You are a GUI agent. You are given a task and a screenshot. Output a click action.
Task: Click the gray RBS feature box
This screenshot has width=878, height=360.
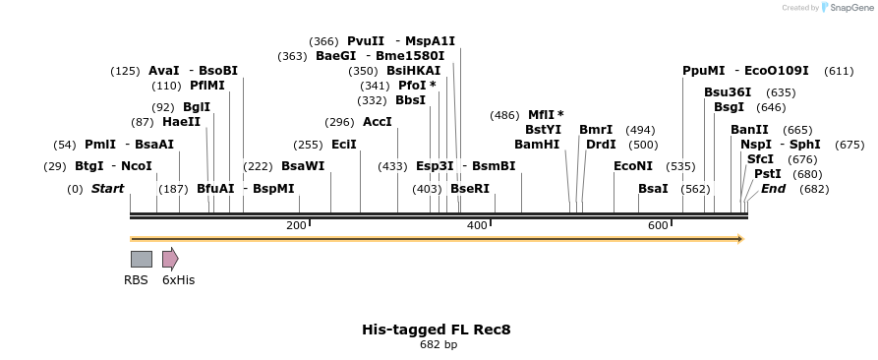coord(142,259)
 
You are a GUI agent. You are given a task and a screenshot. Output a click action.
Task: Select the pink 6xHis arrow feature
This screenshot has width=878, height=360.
coord(170,259)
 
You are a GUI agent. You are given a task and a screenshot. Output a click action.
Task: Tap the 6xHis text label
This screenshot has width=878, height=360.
coord(178,280)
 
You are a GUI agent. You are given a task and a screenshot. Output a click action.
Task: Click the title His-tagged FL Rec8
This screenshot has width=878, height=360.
coord(438,330)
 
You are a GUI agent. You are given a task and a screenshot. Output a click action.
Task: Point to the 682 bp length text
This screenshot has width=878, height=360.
coord(438,345)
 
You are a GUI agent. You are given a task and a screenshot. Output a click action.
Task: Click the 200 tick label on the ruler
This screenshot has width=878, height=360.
coord(296,226)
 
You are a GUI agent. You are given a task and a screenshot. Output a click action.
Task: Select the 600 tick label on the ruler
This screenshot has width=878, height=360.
coord(658,226)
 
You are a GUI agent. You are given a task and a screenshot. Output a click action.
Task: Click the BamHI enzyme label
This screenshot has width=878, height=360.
coord(537,144)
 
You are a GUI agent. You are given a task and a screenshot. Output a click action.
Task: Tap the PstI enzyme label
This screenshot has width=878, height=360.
coord(768,174)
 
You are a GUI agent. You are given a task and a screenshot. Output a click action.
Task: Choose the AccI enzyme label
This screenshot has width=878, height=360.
coord(378,122)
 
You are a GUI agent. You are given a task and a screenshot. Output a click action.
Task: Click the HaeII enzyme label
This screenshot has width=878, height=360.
coord(181,122)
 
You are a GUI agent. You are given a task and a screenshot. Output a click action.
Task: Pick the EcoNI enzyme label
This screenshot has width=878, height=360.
coord(633,165)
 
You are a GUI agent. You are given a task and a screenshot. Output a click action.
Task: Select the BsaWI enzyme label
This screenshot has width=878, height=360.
coord(303,165)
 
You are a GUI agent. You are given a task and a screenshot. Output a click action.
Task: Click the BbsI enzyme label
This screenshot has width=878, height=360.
coord(410,100)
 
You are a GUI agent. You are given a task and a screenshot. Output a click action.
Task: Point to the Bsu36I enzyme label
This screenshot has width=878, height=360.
coord(728,92)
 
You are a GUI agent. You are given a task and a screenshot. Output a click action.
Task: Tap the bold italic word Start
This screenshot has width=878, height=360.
coord(108,188)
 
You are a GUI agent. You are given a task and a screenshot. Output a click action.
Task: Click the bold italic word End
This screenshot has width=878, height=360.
coord(774,188)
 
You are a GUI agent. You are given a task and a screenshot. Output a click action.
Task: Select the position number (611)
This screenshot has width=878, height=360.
coord(839,71)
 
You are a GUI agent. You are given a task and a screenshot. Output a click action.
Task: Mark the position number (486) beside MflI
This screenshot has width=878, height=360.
coord(504,115)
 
